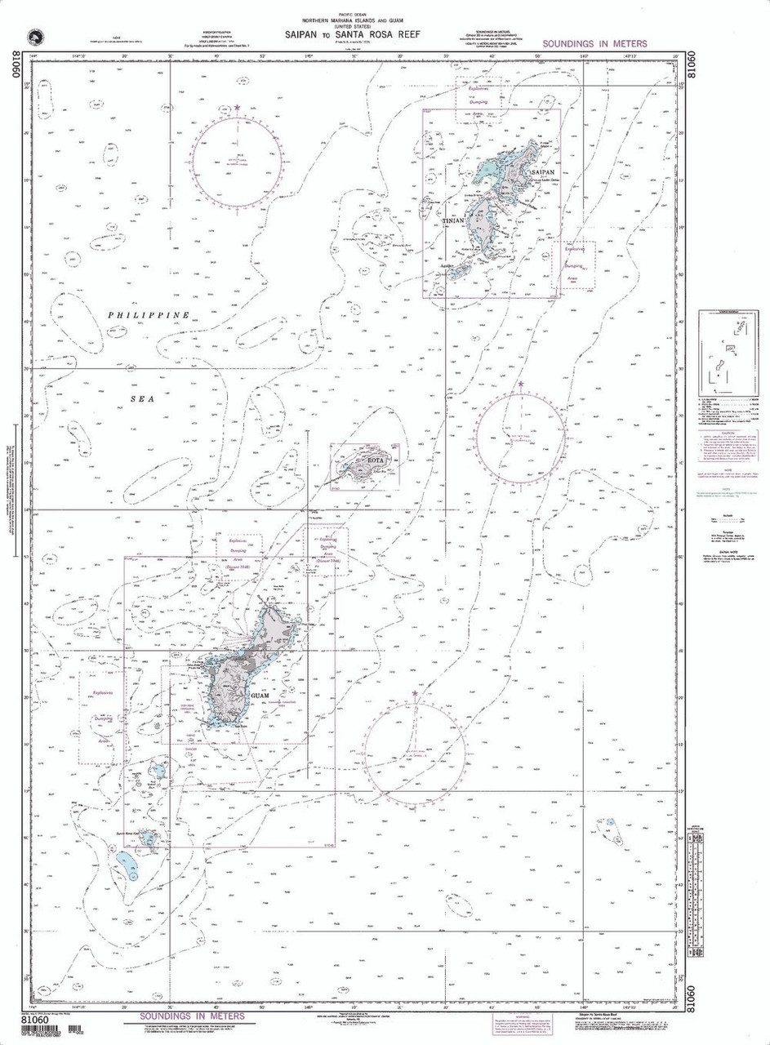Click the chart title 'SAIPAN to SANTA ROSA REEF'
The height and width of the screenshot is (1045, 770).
pyautogui.click(x=354, y=35)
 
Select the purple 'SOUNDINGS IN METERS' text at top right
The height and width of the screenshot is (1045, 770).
pyautogui.click(x=594, y=43)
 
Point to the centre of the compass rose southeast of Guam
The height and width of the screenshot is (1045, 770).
pyautogui.click(x=415, y=749)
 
